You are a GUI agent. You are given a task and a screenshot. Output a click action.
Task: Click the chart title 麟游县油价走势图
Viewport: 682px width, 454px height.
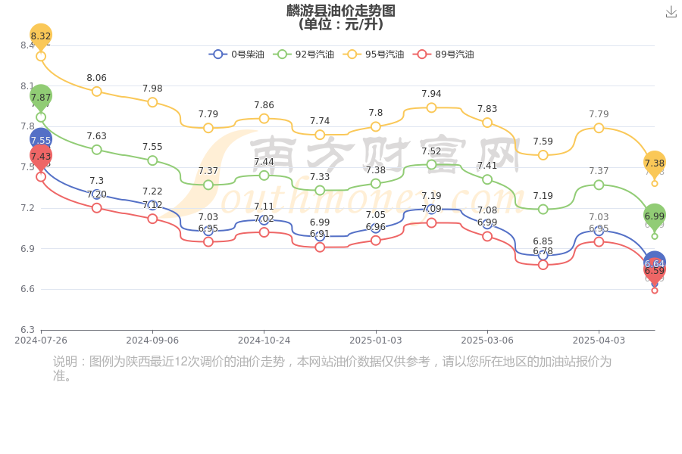(x=341, y=11)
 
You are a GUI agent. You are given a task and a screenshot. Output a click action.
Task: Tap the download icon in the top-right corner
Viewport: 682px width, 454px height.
(x=671, y=12)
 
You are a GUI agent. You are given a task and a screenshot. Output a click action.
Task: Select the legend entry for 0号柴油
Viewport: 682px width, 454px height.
(x=237, y=54)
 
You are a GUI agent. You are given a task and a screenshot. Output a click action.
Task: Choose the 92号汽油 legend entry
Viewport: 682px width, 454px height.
(x=305, y=54)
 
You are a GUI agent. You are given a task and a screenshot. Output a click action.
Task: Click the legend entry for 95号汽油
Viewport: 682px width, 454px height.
(x=375, y=54)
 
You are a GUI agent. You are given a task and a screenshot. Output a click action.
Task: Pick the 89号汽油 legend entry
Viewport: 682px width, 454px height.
(x=445, y=54)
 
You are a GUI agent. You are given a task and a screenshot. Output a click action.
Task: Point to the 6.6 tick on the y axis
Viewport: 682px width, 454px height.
(x=27, y=289)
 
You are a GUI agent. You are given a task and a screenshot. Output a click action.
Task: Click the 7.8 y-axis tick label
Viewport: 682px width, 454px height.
(x=27, y=126)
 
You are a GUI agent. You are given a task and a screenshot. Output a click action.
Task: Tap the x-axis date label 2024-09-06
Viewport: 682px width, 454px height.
(x=152, y=340)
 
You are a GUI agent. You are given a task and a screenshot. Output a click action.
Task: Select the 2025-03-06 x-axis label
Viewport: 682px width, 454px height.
(x=487, y=340)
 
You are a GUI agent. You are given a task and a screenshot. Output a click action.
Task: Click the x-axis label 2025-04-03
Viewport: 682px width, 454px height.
(x=599, y=340)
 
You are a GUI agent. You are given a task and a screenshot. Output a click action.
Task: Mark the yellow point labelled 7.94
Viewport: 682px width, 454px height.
(x=431, y=107)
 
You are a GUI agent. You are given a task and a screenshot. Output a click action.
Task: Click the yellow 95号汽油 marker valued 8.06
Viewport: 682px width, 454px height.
(x=96, y=92)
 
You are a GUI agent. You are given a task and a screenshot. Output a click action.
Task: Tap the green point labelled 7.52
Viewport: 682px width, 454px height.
(x=431, y=164)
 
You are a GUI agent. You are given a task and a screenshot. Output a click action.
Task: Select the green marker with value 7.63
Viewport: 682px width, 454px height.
(x=96, y=150)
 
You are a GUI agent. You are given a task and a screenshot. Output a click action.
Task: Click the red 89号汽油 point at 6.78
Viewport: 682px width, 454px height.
(x=543, y=265)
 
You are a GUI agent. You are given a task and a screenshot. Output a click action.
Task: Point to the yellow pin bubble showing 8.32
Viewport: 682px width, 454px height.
(x=41, y=36)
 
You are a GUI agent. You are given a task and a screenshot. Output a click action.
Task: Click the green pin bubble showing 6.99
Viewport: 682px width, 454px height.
(x=654, y=216)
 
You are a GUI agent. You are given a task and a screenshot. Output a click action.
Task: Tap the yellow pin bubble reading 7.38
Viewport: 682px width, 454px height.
(x=654, y=163)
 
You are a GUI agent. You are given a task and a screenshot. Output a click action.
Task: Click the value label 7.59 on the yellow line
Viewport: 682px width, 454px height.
(x=543, y=141)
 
